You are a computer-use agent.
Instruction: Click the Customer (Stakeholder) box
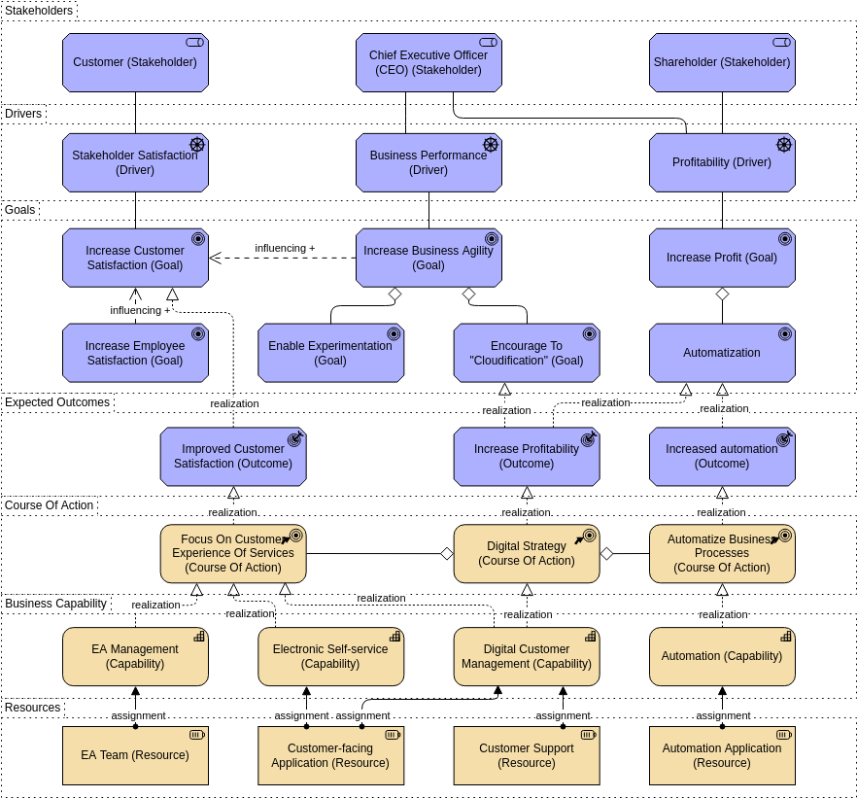[x=135, y=62]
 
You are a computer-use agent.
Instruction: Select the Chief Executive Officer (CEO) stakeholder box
[x=428, y=62]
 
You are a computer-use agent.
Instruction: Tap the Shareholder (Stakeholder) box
[x=722, y=62]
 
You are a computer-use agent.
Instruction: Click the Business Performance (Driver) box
[x=428, y=162]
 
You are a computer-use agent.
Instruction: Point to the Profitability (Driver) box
[x=722, y=162]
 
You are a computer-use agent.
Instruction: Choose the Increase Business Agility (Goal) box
[x=428, y=258]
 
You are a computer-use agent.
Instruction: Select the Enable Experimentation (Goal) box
[x=330, y=353]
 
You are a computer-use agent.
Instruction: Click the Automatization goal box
[x=722, y=353]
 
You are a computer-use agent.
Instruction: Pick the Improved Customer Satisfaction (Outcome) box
[x=233, y=456]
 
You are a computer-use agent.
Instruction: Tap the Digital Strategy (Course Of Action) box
[x=527, y=554]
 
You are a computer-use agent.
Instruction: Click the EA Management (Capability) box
[x=135, y=656]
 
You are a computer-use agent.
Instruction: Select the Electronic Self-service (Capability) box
[x=330, y=656]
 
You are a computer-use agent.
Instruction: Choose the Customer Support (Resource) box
[x=527, y=755]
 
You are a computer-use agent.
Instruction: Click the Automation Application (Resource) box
[x=722, y=755]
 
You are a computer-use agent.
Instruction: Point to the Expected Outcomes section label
[x=57, y=402]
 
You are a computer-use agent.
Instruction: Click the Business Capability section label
[x=55, y=604]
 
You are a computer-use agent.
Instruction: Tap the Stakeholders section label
[x=39, y=11]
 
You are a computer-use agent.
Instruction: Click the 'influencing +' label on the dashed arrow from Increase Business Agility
[x=285, y=248]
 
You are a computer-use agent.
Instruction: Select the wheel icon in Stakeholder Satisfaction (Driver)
[x=197, y=145]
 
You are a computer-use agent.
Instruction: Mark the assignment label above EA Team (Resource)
[x=138, y=715]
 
